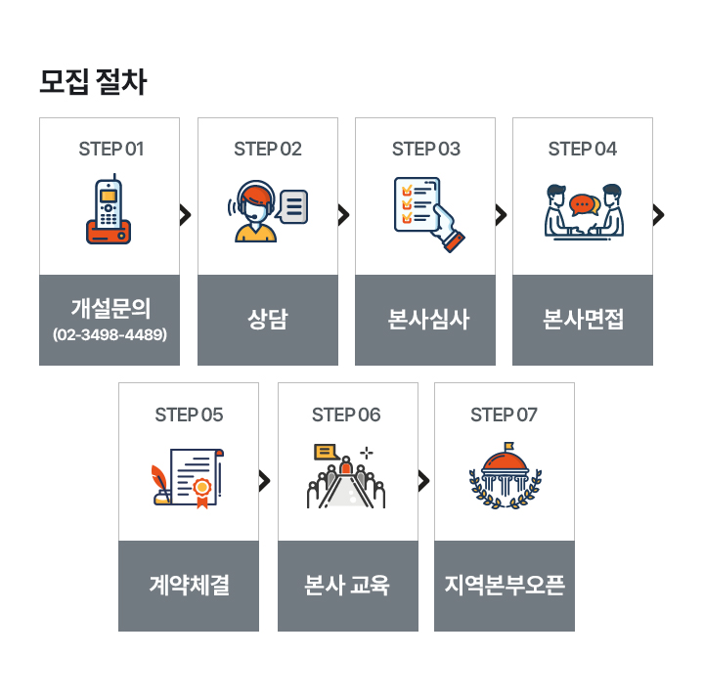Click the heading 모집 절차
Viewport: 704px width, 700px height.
[93, 82]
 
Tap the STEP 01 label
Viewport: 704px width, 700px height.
[110, 149]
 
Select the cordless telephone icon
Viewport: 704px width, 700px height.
[109, 210]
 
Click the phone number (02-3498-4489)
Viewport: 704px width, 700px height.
[110, 335]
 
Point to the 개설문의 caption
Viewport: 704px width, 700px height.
[110, 308]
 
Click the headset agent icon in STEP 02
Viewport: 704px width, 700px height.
[256, 212]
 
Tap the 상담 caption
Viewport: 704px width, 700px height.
[268, 320]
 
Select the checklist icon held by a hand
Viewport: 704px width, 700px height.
[427, 212]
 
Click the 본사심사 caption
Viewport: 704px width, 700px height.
[425, 320]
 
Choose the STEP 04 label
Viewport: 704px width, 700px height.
[583, 149]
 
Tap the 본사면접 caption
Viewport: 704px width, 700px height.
[584, 320]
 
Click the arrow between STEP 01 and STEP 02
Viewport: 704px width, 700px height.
[186, 215]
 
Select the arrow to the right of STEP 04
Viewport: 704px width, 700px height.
[659, 215]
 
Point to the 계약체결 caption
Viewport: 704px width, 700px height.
[190, 586]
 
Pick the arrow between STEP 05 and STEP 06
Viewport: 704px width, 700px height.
[265, 480]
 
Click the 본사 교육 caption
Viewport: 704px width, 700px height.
[347, 586]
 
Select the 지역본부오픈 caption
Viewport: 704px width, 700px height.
[505, 586]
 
